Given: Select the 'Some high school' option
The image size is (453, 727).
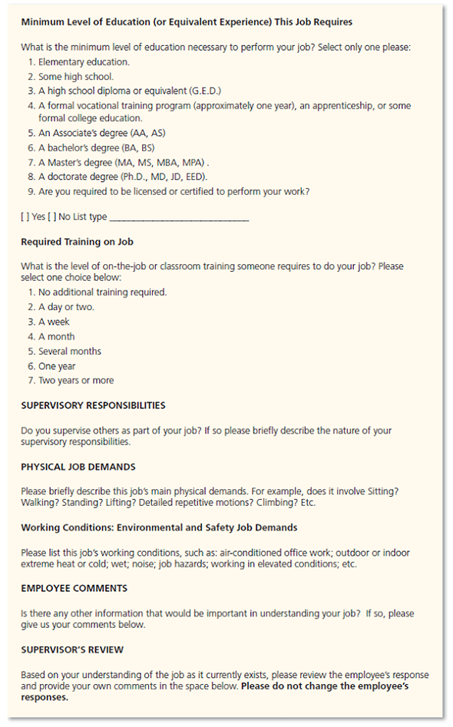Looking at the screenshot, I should [75, 77].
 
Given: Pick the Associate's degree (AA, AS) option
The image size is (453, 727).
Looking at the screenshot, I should [101, 133].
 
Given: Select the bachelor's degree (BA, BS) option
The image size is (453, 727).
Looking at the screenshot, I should [97, 147].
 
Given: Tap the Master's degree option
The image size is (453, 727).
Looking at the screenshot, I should [123, 162].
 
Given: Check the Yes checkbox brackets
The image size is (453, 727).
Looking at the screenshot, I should [25, 217].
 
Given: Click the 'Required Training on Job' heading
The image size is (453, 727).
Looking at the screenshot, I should [77, 242].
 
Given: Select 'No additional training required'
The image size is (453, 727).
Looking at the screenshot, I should [102, 292].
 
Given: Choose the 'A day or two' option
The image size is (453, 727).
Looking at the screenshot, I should [66, 307].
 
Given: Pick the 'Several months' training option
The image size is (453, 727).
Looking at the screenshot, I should [69, 351].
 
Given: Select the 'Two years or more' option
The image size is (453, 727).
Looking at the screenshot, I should [75, 380].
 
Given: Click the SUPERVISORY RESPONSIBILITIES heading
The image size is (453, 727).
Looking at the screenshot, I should [93, 405].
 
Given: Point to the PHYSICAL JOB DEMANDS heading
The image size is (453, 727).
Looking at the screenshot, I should [78, 467].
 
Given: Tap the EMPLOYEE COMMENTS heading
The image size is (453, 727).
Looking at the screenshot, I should [74, 589].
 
